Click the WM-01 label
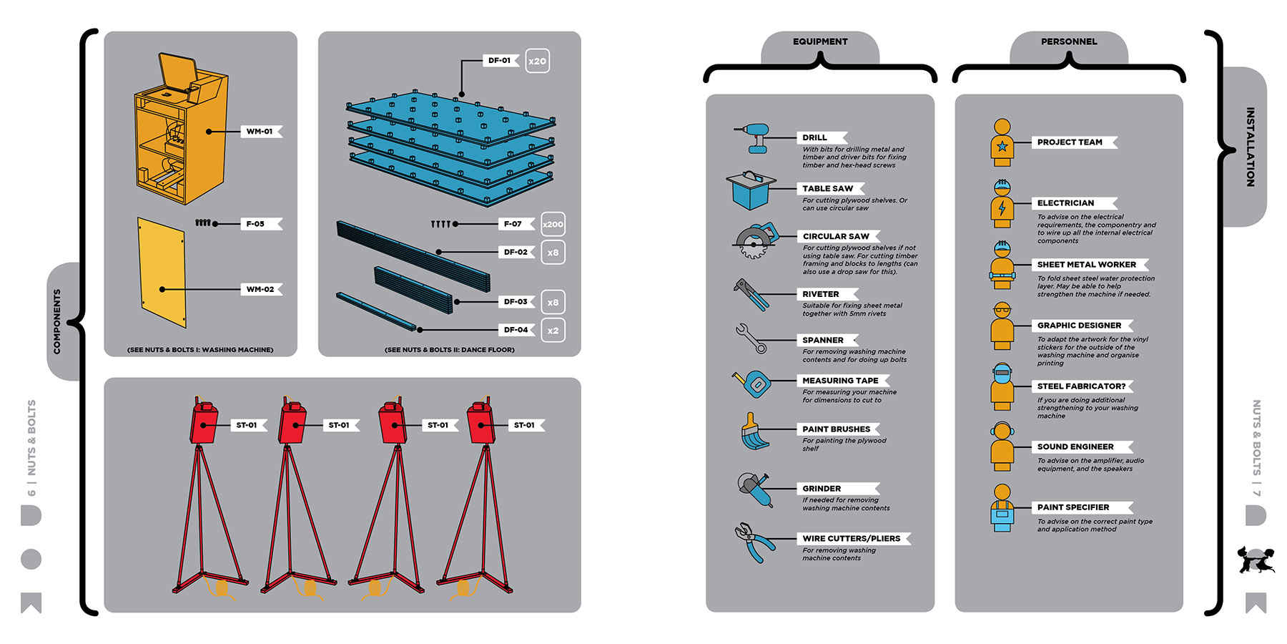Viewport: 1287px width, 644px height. click(260, 132)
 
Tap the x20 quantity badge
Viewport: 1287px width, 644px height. click(537, 61)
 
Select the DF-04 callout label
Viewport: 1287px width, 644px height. click(516, 330)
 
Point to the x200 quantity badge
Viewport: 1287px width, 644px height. click(553, 224)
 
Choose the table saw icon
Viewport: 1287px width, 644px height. click(749, 190)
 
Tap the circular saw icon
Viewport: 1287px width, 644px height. click(754, 240)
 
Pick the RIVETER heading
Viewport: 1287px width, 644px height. click(821, 294)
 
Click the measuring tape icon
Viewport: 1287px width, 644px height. click(753, 384)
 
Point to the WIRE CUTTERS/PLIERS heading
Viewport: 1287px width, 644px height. click(851, 539)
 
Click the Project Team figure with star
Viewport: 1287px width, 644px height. click(1002, 142)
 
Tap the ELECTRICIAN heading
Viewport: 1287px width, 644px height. click(1065, 203)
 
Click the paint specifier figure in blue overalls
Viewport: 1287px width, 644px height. click(1002, 507)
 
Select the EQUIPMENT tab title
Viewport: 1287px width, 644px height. click(820, 42)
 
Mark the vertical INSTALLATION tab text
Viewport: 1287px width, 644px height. click(1250, 147)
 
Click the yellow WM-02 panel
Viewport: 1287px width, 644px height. click(162, 272)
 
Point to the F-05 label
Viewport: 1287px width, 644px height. click(255, 224)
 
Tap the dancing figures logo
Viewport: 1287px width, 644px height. click(1256, 560)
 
